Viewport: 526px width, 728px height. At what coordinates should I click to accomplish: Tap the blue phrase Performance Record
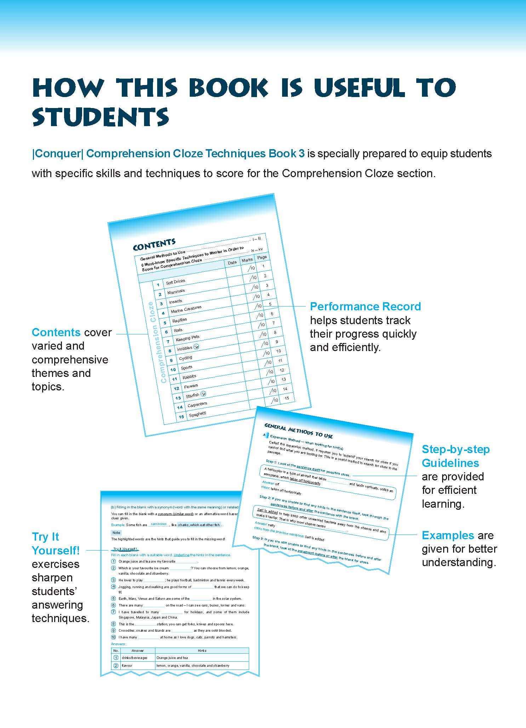pos(365,306)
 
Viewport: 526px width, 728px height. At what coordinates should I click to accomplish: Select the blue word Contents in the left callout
pos(56,332)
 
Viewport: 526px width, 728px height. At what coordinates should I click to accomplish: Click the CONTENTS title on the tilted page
pos(154,244)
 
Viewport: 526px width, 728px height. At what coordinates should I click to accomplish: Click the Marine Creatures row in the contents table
pos(186,309)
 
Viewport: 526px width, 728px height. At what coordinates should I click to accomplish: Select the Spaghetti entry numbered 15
pos(197,414)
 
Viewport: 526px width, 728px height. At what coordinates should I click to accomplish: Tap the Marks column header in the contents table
pos(247,260)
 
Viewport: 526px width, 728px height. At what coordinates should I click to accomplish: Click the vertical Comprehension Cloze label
pos(157,342)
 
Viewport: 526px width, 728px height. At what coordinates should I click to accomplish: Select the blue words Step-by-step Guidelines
pos(455,456)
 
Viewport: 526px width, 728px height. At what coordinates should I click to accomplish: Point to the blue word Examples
pos(448,535)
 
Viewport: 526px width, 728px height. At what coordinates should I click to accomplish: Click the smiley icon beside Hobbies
pos(197,346)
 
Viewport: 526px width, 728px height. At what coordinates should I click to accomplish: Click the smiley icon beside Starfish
pos(203,394)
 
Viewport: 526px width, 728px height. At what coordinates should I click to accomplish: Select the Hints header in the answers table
pos(202,650)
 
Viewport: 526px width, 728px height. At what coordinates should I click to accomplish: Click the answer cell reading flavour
pos(127,665)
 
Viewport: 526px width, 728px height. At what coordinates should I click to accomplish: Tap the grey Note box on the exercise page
pos(116,532)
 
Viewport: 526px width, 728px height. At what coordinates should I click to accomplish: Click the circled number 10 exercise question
pos(114,637)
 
